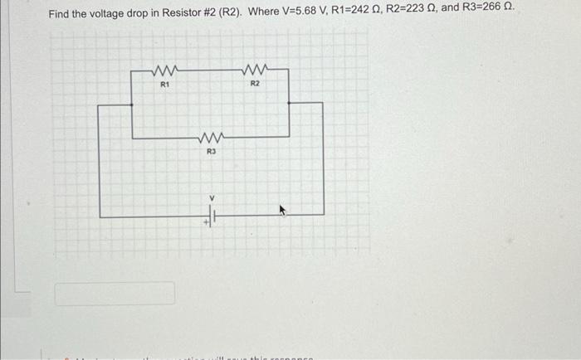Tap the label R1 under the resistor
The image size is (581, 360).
pos(164,85)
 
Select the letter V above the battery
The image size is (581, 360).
pos(212,197)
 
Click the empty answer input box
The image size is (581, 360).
pos(115,293)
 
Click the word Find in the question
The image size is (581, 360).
pos(59,14)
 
